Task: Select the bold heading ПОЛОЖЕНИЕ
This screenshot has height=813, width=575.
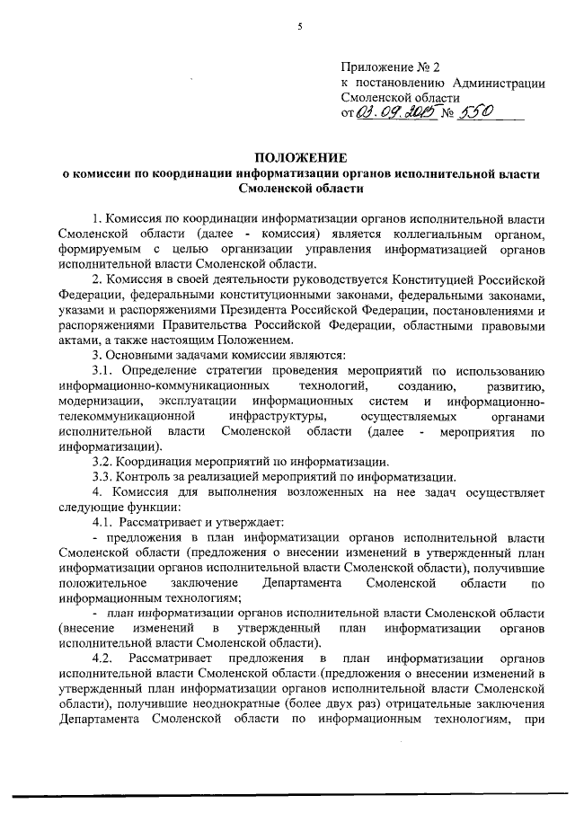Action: tap(299, 158)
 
